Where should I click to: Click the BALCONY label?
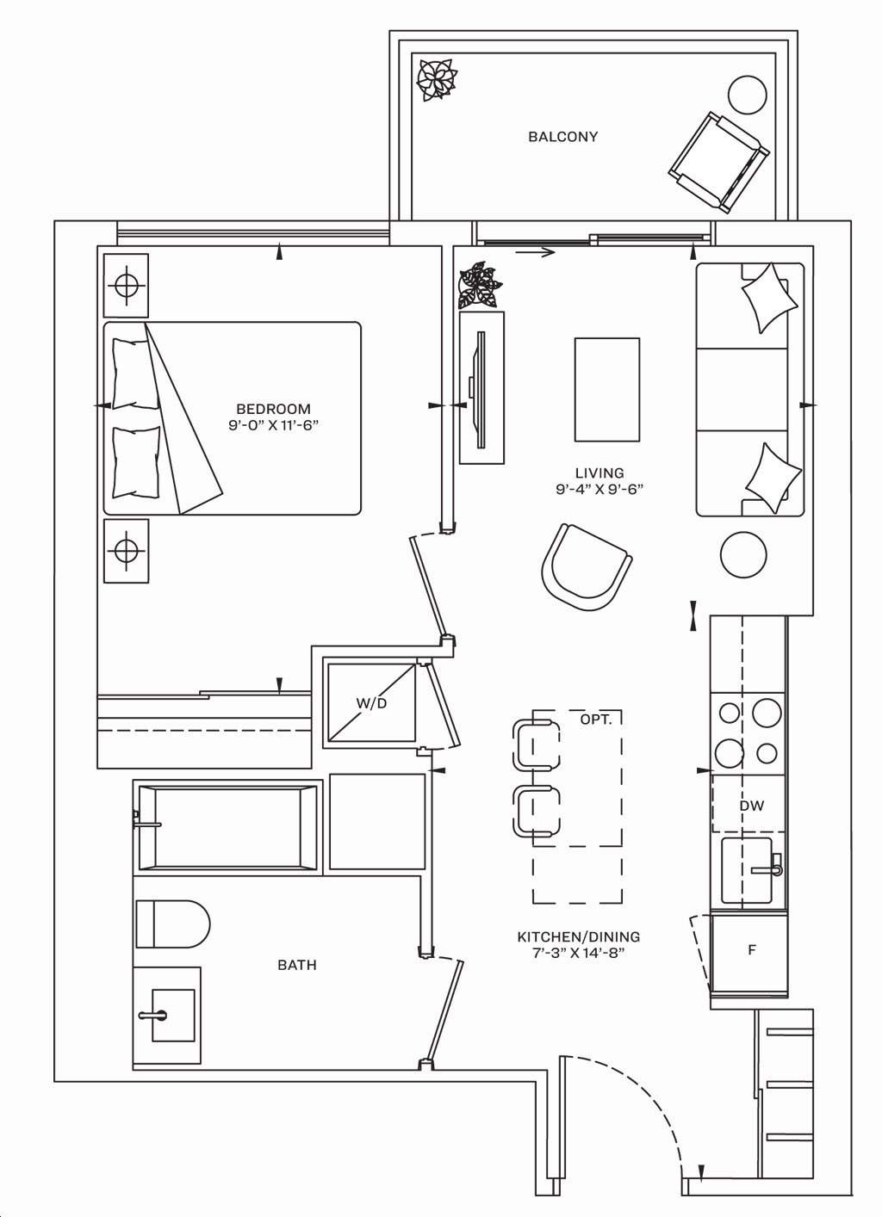(x=562, y=136)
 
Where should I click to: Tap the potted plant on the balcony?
(x=437, y=79)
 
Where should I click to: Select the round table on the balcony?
(x=747, y=94)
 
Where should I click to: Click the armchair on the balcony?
(x=719, y=163)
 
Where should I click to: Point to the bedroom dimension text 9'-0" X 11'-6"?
(x=273, y=425)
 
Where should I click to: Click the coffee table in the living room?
(x=607, y=390)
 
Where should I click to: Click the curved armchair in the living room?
(x=587, y=568)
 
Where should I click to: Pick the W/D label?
(x=371, y=703)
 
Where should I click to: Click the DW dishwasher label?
(x=751, y=806)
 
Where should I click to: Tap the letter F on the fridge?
(x=752, y=949)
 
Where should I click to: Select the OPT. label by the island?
(x=596, y=720)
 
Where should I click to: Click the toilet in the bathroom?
(x=173, y=924)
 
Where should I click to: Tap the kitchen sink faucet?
(x=767, y=869)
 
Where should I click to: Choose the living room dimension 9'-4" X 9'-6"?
(x=599, y=489)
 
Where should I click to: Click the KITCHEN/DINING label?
(x=578, y=936)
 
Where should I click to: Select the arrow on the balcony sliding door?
(x=535, y=251)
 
